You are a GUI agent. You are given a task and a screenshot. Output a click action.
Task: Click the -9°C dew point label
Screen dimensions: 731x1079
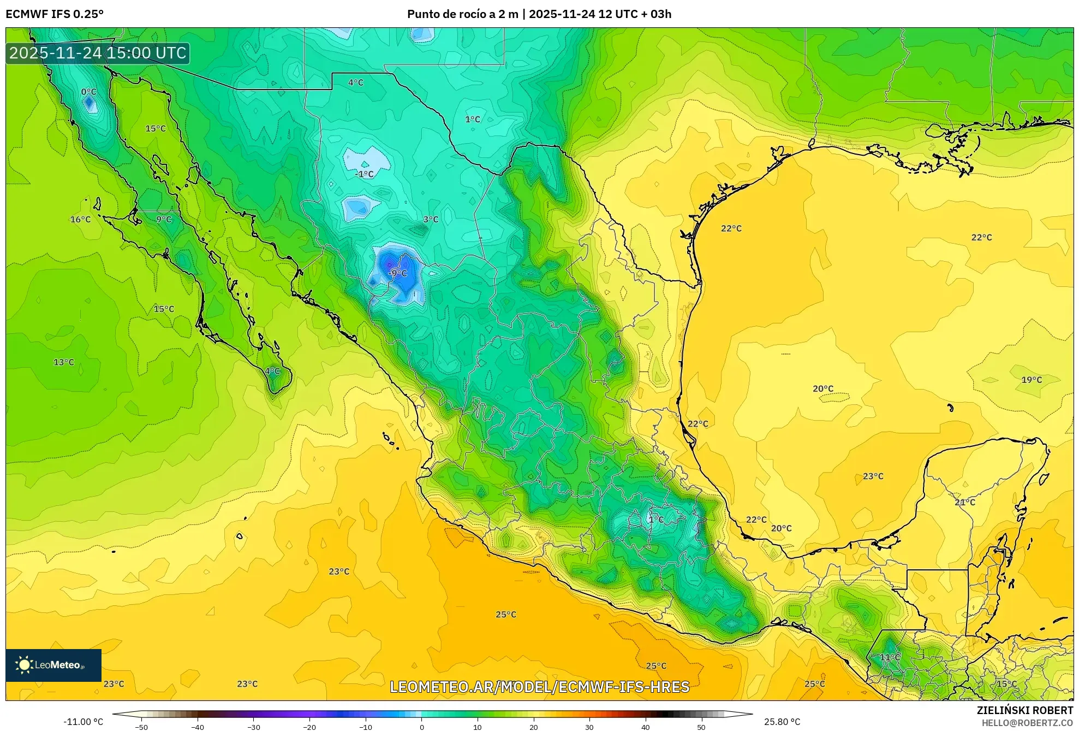click(398, 273)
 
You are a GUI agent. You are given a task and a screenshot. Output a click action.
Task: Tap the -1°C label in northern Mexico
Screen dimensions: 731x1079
click(365, 174)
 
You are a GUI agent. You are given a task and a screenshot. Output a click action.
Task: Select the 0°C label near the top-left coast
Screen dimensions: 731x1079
click(88, 92)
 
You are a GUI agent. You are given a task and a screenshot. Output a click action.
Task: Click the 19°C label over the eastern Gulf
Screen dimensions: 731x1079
click(1032, 380)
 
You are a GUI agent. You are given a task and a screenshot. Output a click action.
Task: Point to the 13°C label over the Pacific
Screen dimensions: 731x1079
click(64, 362)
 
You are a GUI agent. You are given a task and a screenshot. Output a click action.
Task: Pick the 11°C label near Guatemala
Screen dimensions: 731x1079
click(890, 657)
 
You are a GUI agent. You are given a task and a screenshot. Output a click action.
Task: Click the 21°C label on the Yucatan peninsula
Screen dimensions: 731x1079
click(965, 502)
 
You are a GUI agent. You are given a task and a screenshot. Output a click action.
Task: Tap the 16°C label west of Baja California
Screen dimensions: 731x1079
click(80, 219)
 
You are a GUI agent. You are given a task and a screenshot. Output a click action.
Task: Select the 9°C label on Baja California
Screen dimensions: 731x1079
click(164, 219)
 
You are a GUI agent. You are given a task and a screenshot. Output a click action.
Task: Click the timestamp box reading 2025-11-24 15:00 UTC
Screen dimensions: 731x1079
click(98, 53)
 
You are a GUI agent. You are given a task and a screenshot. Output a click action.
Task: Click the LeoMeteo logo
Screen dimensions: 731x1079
click(53, 665)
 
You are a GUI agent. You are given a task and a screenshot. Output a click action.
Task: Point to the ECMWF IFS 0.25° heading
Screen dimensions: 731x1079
click(55, 14)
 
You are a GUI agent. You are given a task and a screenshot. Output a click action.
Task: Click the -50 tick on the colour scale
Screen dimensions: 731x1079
click(141, 727)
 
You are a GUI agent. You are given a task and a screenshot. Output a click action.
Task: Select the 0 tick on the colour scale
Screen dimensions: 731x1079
click(421, 727)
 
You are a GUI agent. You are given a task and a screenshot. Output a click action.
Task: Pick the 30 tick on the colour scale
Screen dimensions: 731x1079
click(589, 727)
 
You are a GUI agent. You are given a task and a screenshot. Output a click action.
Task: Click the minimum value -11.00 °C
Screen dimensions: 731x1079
click(83, 722)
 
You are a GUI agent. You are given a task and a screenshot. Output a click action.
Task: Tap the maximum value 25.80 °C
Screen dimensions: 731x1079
click(782, 722)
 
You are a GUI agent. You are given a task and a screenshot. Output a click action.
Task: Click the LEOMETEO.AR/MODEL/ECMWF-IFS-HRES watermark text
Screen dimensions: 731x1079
click(539, 687)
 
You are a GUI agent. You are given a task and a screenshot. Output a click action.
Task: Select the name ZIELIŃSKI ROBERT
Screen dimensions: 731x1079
click(1025, 710)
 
